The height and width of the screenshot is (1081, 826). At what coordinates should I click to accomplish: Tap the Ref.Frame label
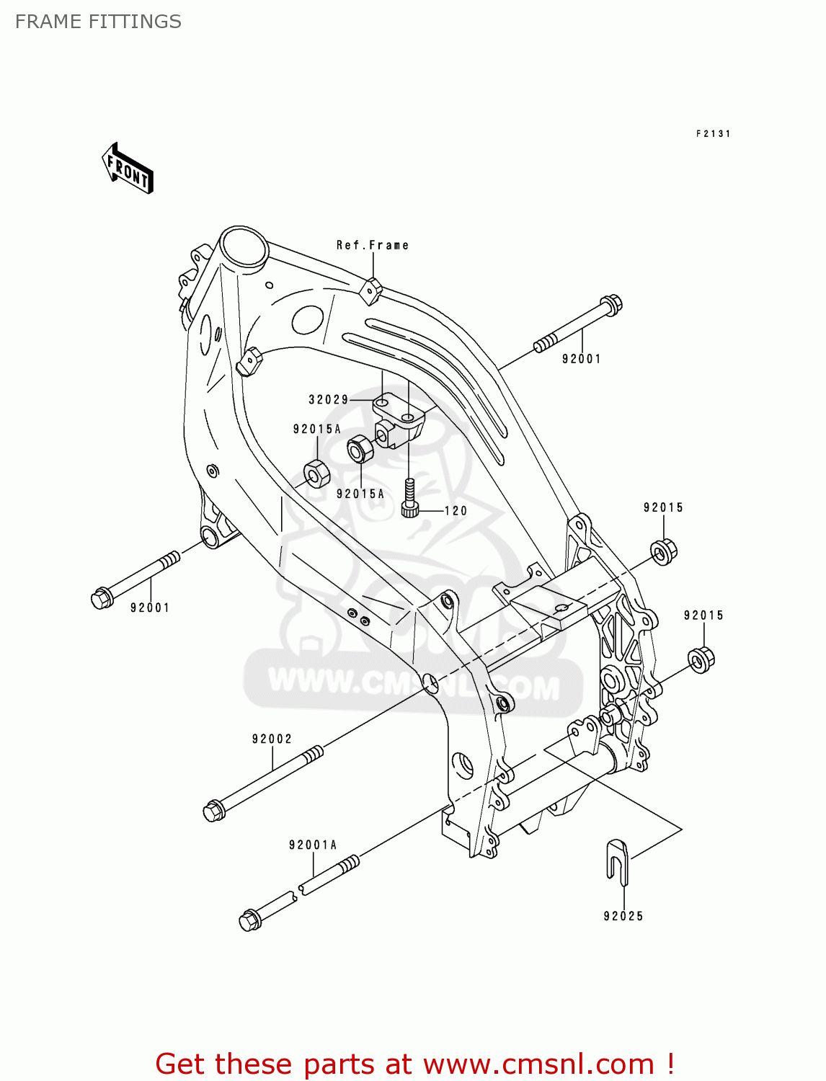[373, 245]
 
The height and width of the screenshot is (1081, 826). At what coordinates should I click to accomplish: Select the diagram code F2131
[713, 133]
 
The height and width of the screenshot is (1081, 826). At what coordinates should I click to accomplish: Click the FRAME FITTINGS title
[98, 22]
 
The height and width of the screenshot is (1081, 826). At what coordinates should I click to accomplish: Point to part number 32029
[329, 399]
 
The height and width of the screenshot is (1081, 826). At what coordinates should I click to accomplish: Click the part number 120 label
[456, 511]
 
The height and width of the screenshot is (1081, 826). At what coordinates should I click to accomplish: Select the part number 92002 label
[272, 739]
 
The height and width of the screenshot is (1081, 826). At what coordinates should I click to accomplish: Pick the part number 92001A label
[313, 845]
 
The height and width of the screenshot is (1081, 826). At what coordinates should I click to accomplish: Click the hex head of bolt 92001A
[249, 920]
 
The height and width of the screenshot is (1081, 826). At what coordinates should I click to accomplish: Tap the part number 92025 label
[623, 916]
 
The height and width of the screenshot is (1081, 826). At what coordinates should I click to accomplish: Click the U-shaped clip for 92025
[617, 859]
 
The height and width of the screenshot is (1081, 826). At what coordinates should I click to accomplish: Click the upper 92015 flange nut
[663, 551]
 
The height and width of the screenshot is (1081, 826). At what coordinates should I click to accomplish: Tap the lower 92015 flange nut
[701, 659]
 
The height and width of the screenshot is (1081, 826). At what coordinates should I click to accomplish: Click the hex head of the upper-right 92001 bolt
[610, 306]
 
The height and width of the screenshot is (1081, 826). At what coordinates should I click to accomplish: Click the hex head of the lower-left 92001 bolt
[101, 598]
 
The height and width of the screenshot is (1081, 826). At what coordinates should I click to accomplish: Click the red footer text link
[414, 1064]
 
